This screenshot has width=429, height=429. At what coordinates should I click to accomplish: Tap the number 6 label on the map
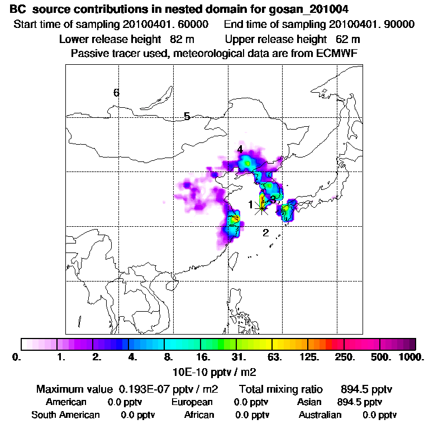(116, 93)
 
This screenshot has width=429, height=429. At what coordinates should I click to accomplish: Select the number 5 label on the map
(187, 116)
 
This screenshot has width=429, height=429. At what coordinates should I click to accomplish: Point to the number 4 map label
(240, 149)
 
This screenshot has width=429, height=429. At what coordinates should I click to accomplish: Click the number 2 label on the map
(266, 232)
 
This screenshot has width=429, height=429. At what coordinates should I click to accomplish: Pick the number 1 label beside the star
(251, 204)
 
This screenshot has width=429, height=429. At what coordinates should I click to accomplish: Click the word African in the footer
(199, 415)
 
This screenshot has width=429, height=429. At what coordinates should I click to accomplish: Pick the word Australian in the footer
(320, 415)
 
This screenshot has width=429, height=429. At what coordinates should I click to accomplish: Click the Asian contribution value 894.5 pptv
(360, 402)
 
